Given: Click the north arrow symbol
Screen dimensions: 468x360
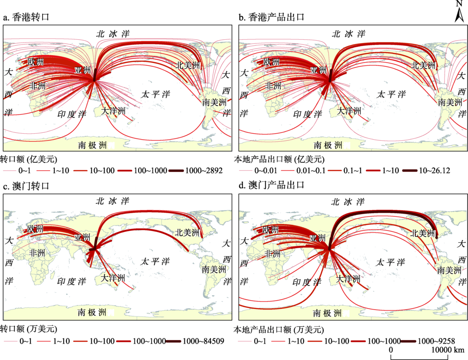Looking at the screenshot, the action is [x=460, y=12].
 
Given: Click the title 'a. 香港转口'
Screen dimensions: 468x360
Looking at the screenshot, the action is [x=26, y=17].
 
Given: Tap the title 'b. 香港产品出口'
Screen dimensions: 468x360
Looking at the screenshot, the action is [x=271, y=17].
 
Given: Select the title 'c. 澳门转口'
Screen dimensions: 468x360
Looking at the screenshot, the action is [x=26, y=186].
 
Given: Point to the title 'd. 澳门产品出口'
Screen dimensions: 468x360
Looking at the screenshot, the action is [x=271, y=185].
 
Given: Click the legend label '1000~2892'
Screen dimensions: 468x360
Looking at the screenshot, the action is [x=204, y=171].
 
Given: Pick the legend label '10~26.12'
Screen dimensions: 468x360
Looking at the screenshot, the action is [x=435, y=171].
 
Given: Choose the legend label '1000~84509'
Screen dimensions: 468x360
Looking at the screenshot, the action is [x=203, y=341].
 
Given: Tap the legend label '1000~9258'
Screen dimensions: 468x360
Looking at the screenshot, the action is [x=436, y=341].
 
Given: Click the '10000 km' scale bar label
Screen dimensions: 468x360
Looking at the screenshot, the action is [x=448, y=350].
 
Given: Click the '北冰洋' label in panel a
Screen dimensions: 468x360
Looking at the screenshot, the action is [x=113, y=34].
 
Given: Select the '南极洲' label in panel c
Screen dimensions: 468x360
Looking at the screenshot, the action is [x=93, y=312].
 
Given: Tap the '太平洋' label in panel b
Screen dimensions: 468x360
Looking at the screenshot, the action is [x=391, y=94].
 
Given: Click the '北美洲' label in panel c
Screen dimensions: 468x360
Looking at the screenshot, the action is [x=187, y=233].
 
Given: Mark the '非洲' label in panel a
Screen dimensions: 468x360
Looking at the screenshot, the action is [x=37, y=86].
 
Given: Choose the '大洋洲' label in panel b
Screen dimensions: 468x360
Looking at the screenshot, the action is [x=349, y=111].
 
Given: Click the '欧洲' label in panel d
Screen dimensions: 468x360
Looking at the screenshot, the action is [x=271, y=230].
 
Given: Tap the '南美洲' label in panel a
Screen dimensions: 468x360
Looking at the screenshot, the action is [x=214, y=102].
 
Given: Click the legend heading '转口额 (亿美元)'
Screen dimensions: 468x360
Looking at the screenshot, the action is [x=29, y=159].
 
